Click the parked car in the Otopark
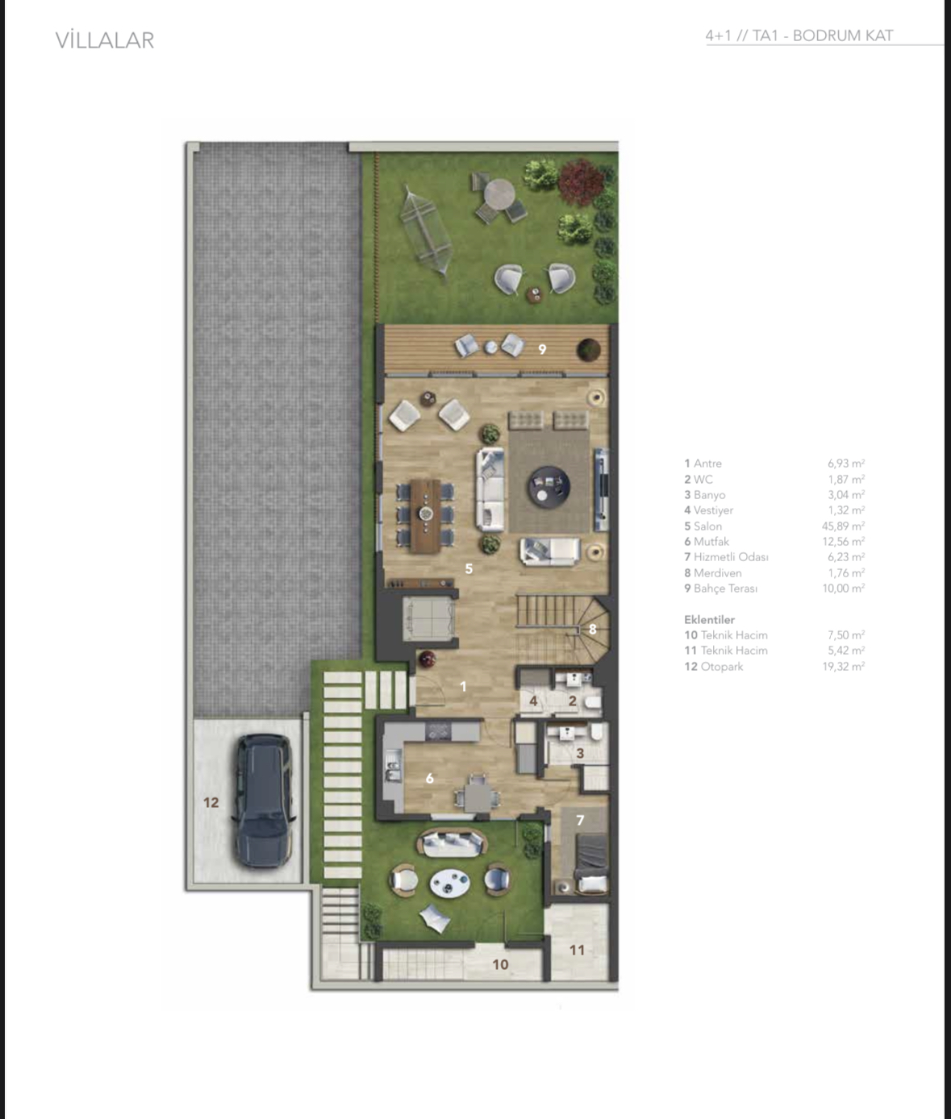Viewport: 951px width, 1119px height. point(263,801)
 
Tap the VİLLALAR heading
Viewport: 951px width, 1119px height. point(105,40)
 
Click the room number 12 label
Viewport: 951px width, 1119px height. point(211,802)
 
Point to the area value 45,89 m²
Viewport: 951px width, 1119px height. point(843,526)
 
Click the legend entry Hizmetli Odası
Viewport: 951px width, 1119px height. point(726,557)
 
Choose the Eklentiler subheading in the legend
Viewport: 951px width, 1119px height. point(709,620)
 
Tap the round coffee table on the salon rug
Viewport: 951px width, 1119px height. point(548,487)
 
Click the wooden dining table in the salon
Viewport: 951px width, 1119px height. point(425,515)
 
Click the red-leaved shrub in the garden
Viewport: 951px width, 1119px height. point(581,181)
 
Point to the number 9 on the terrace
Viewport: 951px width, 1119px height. point(542,350)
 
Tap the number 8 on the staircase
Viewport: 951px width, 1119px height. point(593,629)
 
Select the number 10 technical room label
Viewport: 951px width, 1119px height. point(500,964)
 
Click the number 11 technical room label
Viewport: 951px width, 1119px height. point(577,950)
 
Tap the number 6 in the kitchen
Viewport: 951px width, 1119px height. point(429,778)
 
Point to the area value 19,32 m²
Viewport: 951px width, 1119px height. point(843,667)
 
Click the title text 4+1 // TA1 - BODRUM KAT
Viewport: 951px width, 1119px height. point(799,35)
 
